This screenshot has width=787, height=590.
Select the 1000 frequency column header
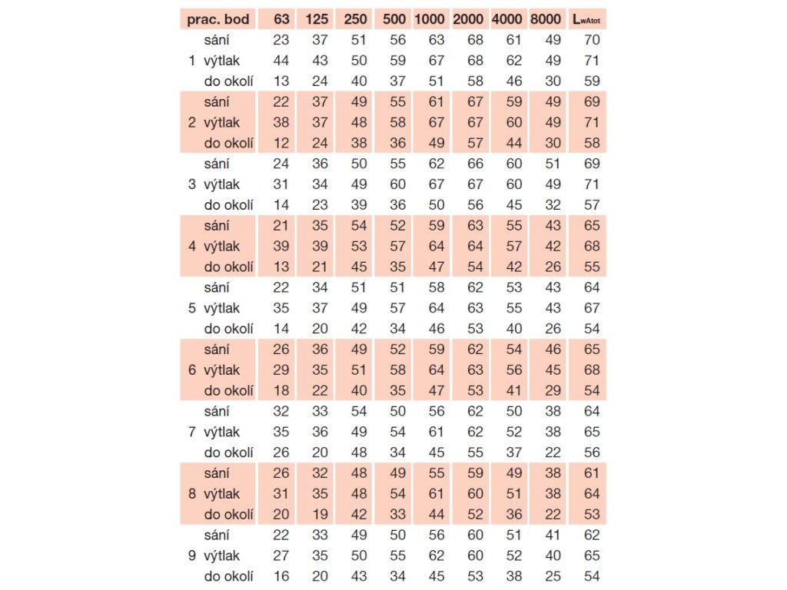[430, 18]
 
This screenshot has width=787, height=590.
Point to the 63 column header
[281, 18]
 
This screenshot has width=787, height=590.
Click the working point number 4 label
[191, 247]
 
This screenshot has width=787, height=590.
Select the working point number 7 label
[191, 432]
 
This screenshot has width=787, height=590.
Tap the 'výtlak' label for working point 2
[221, 122]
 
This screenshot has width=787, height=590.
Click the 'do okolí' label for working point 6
[228, 390]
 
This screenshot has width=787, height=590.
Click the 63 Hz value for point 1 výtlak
[281, 60]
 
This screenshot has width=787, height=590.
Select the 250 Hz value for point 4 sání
[358, 226]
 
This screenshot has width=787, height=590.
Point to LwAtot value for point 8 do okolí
[591, 514]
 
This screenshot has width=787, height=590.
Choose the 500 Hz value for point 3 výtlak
[397, 184]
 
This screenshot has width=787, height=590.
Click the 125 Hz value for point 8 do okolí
[319, 514]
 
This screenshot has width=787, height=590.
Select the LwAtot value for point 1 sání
[591, 39]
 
